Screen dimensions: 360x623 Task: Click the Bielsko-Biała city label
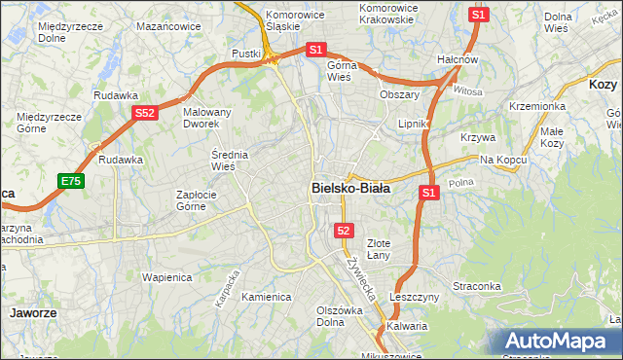[x=350, y=189]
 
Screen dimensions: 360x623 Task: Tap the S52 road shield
[x=144, y=113]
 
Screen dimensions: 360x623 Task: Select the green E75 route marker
[x=70, y=181]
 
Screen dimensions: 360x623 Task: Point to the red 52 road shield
[x=344, y=230]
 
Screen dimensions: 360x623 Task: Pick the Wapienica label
[x=167, y=276]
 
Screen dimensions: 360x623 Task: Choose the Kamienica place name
[x=267, y=297]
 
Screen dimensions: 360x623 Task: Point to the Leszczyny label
[x=415, y=296]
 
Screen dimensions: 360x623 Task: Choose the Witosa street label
[x=467, y=90]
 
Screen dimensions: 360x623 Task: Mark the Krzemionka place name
[x=536, y=106]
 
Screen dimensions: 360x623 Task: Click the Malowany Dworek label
[x=207, y=119]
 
